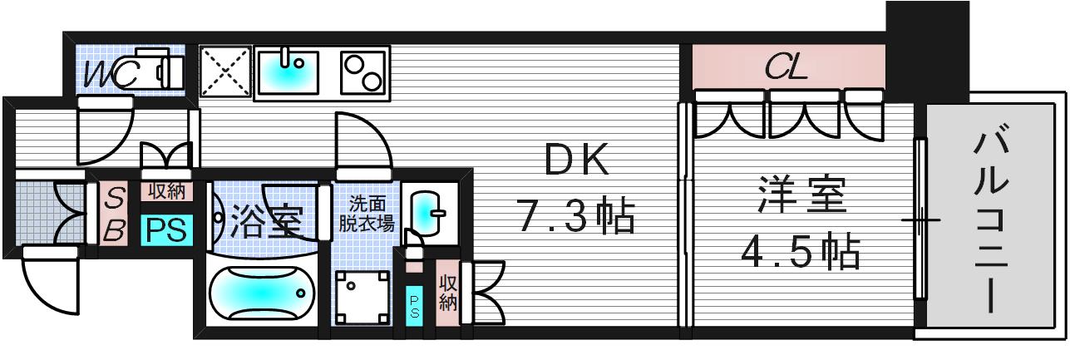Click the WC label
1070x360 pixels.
[x=111, y=74]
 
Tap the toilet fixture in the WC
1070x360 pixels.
[x=158, y=69]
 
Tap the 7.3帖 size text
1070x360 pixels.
[x=577, y=219]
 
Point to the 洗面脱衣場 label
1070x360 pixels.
[x=366, y=213]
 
